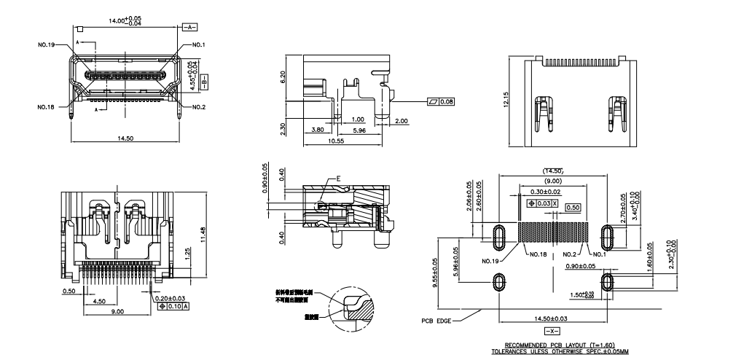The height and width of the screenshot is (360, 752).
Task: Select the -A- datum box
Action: point(189,26)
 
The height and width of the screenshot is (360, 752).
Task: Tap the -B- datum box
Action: point(205,79)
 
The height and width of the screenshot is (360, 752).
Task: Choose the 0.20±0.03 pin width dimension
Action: point(170,298)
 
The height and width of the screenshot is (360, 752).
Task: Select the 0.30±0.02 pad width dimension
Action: point(545,191)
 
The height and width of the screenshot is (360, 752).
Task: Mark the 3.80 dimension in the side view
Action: point(318,130)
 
